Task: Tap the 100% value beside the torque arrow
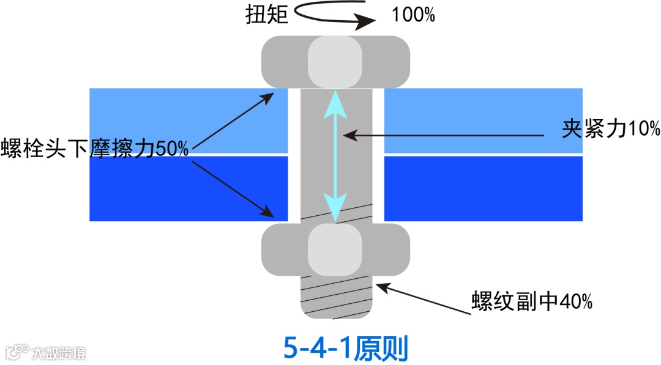[414, 14]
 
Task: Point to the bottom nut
[282, 250]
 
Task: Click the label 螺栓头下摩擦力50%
[94, 149]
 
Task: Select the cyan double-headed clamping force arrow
[335, 155]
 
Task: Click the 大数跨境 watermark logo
[46, 352]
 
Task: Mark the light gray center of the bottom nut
[335, 250]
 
